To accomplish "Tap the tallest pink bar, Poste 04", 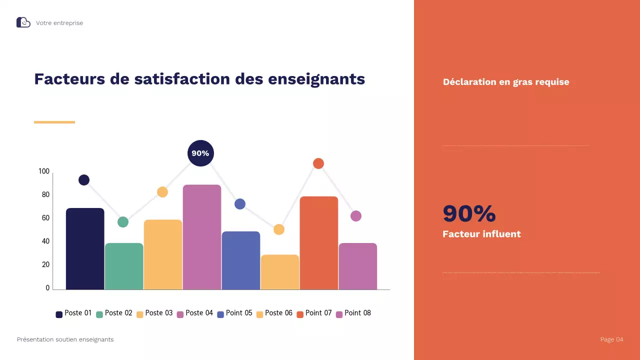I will point(202,237).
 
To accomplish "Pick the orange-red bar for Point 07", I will point(319,243).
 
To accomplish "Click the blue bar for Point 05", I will point(241,260).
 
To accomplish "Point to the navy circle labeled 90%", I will point(200,153).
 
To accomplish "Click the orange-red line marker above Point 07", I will point(318,163).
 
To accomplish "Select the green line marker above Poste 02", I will point(123,222).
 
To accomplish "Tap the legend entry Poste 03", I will point(154,313).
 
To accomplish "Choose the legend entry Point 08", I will point(353,313).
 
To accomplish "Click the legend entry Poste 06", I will point(274,313).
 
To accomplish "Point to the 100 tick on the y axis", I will point(44,171).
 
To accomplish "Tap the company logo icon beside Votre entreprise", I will point(23,22).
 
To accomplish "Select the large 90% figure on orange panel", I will point(469,213).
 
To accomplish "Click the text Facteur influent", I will point(481,234).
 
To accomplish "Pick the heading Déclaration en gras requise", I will point(506,82).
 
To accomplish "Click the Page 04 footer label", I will point(611,339).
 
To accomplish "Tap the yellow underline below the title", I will point(54,122).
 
